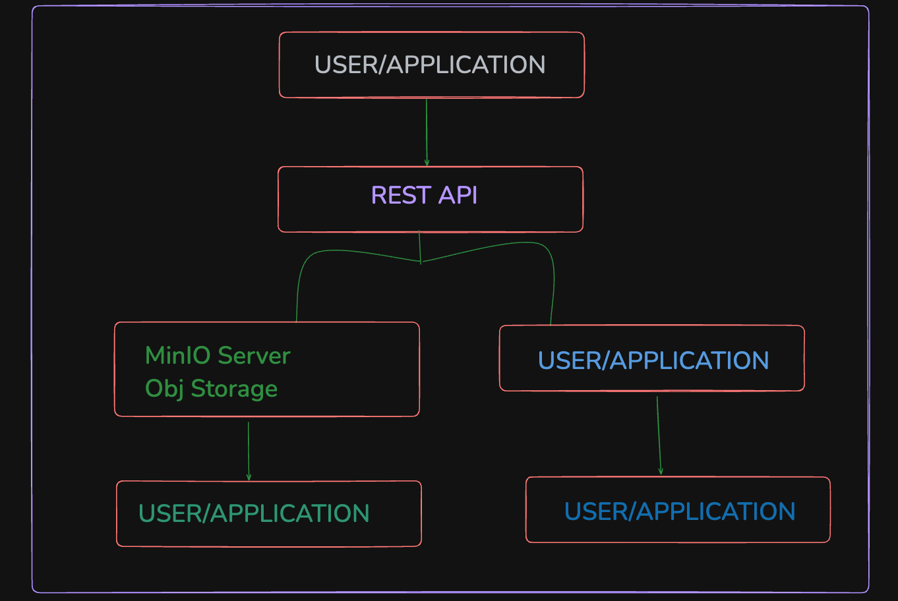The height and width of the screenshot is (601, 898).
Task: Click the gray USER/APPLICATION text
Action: coord(430,65)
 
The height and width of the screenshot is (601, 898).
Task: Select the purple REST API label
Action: coord(424,196)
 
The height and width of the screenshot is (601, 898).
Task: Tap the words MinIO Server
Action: coord(218,356)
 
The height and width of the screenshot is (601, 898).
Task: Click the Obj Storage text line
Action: coord(211,389)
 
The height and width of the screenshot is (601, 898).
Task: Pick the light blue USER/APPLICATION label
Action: coord(653,360)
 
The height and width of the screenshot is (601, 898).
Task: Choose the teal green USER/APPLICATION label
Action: coord(254,513)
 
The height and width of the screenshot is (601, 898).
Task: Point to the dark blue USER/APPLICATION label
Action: coord(680,511)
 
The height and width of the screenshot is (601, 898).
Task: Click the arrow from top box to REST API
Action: coord(427,132)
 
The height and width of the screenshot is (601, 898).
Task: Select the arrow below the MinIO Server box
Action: coord(249,451)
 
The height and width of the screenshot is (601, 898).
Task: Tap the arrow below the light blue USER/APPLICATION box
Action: coord(659,435)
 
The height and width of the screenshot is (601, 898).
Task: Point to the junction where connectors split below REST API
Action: coord(421,262)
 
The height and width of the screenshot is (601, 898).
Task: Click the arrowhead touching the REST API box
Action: coord(427,163)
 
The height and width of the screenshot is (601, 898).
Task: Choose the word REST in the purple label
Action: coord(401,196)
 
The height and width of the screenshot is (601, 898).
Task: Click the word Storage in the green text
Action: coord(234,389)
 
